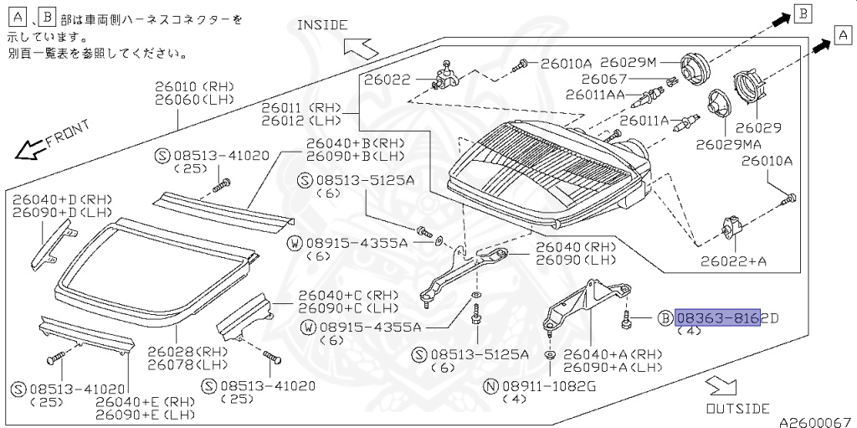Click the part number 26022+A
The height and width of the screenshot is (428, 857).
734,261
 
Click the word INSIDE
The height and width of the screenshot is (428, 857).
322,25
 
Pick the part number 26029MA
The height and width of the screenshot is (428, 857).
726,144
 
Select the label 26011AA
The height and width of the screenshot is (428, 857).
595,95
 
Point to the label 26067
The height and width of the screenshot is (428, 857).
615,79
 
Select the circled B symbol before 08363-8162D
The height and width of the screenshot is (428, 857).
665,317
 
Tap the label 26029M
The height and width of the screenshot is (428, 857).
629,63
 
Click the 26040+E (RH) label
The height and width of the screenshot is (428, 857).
144,401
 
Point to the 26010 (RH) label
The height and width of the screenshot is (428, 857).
194,85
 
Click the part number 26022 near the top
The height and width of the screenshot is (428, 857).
387,80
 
